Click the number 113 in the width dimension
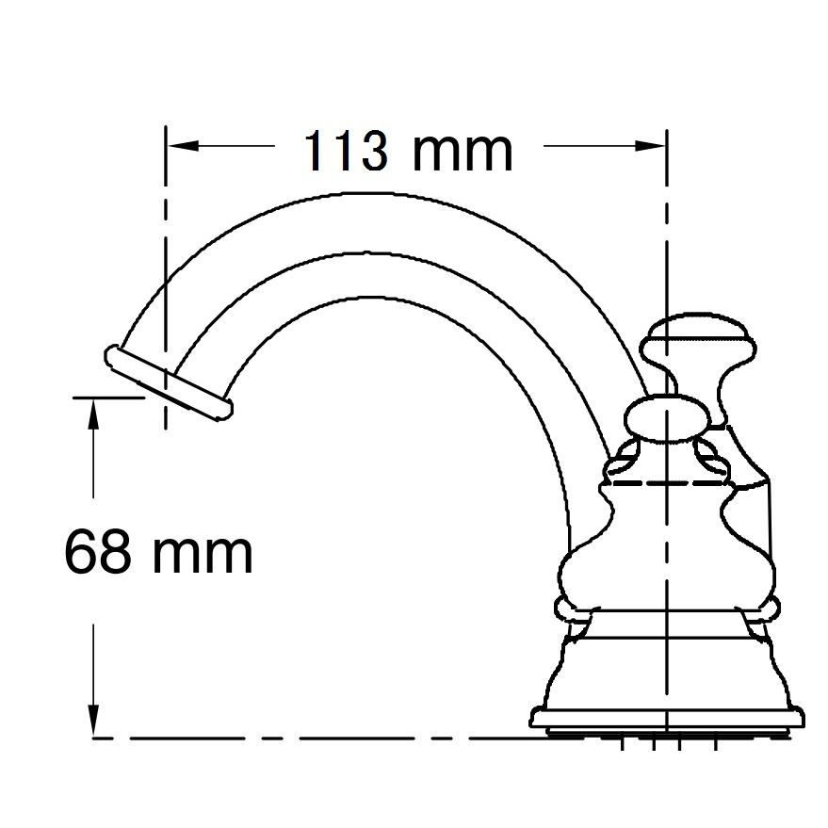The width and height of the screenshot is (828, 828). coord(345,150)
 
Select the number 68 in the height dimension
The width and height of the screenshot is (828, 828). coord(97,552)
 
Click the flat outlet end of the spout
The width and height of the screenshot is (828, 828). coord(168,382)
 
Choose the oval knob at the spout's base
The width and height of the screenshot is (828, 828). coord(667,419)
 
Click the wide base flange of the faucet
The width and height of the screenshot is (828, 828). coord(667,719)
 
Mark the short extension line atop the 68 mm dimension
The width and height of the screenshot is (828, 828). coord(108,398)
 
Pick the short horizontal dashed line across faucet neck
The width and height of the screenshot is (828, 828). coord(667,483)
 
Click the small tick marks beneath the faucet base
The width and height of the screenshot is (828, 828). coord(669,746)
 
